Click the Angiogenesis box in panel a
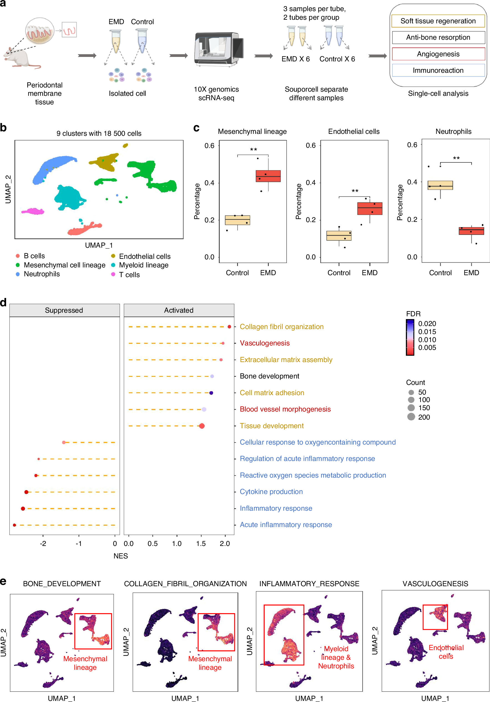coord(438,54)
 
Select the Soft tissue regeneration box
coord(438,21)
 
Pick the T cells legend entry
coord(129,275)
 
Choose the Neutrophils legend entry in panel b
coord(42,274)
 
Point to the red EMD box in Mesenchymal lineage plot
coord(268,176)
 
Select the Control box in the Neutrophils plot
coord(440,185)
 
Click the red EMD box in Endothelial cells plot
coord(370,209)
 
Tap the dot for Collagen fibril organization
coord(229,327)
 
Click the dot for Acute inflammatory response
coord(14,525)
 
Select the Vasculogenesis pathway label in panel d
coord(265,343)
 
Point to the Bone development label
coord(269,376)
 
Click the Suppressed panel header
coord(64,310)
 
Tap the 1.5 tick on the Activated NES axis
coord(201,543)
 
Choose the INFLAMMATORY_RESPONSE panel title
coord(309,584)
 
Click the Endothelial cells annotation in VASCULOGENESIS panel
coord(446,652)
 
